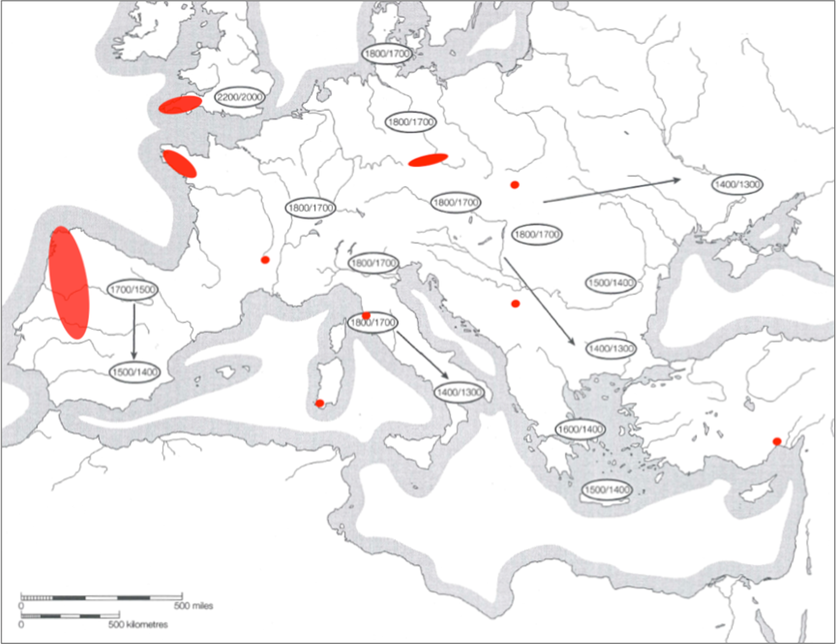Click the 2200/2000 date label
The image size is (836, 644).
(x=240, y=97)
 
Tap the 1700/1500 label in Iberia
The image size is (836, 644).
(x=132, y=290)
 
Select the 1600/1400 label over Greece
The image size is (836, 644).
(x=580, y=429)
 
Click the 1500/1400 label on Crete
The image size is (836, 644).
(x=606, y=490)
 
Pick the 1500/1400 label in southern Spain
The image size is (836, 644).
(x=135, y=372)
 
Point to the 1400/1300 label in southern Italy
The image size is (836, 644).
(x=459, y=392)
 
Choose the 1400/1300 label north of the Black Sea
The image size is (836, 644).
(x=737, y=184)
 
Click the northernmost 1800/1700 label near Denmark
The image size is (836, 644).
(x=387, y=54)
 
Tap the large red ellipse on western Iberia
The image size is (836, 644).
(x=70, y=283)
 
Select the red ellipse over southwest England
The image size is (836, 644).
(x=179, y=104)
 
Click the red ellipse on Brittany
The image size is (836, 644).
(x=179, y=164)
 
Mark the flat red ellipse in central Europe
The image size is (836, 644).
(x=428, y=160)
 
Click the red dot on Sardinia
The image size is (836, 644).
(x=320, y=403)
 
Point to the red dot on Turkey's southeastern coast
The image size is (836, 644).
(x=776, y=442)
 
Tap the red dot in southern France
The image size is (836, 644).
(x=265, y=260)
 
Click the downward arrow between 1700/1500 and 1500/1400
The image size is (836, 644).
(x=134, y=331)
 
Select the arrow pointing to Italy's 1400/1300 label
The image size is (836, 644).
(x=422, y=354)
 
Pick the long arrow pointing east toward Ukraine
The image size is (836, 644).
(x=611, y=190)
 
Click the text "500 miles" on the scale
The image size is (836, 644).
(x=193, y=606)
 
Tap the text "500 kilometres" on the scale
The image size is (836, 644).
(x=138, y=624)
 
